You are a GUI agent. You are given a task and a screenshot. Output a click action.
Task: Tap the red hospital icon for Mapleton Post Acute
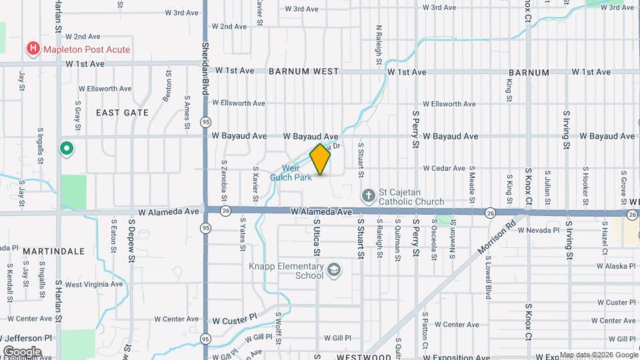pyautogui.click(x=32, y=49)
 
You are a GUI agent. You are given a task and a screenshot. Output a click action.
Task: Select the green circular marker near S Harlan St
pyautogui.click(x=66, y=148)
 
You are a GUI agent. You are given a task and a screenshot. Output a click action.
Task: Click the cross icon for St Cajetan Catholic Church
pyautogui.click(x=367, y=196)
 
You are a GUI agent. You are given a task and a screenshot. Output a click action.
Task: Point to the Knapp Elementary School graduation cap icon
pyautogui.click(x=334, y=270)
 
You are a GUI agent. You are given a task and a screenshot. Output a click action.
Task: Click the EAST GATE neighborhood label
pyautogui.click(x=122, y=113)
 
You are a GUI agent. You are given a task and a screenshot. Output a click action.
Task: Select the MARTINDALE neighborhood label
pyautogui.click(x=53, y=251)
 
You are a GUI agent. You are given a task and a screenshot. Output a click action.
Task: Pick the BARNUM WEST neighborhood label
pyautogui.click(x=304, y=71)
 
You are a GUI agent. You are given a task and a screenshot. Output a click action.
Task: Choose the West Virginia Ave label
pyautogui.click(x=94, y=284)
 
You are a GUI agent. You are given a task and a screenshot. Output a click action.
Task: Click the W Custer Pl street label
pyautogui.click(x=235, y=320)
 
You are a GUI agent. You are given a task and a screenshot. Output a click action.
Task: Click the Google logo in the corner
pyautogui.click(x=22, y=351)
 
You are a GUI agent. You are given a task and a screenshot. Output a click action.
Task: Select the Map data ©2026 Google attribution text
pyautogui.click(x=598, y=355)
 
